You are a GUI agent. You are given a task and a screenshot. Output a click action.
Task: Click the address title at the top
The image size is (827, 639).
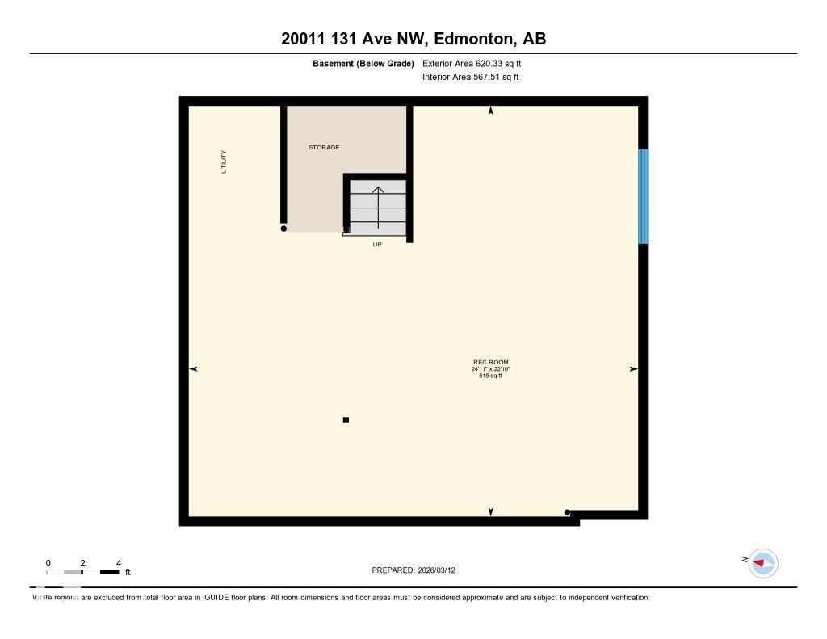pos(413,39)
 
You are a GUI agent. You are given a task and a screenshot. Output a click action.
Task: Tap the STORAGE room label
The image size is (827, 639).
pos(324,148)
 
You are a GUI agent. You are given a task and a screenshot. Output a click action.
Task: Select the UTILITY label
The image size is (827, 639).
pos(225,162)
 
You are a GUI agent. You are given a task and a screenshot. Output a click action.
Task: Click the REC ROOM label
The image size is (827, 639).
pos(491,362)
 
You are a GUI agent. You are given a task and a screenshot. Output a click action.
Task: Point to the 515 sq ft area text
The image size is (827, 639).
pos(491,376)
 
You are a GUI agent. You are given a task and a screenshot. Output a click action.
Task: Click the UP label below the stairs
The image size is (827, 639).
pos(377,244)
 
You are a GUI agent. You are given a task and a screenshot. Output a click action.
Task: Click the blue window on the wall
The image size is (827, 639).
pos(643,196)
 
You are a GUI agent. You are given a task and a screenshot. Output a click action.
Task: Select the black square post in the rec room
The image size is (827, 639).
pos(346,420)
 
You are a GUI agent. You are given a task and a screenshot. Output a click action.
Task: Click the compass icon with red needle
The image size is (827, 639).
pos(762,563)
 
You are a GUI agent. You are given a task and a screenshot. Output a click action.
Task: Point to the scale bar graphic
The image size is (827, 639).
pos(83,572)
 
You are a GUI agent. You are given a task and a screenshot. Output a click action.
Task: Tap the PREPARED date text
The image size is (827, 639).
pos(413,570)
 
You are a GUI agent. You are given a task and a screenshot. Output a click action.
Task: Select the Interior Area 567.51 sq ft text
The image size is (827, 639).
pos(471,78)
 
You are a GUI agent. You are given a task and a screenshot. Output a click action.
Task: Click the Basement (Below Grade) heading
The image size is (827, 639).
pos(363,63)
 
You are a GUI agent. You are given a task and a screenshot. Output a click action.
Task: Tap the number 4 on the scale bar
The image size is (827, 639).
pos(119,563)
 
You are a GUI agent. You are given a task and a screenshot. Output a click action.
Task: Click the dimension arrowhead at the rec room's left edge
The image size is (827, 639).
pos(193,369)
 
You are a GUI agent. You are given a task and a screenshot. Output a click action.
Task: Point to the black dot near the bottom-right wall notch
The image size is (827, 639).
pos(567,512)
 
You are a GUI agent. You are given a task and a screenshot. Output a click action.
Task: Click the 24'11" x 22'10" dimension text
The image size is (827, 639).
pos(491,369)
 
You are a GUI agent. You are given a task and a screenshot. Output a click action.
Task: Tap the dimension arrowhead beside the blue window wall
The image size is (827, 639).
pos(633,369)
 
